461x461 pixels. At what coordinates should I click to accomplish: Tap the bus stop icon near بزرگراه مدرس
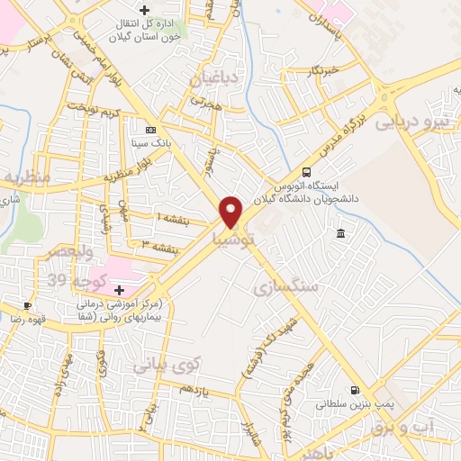(307, 172)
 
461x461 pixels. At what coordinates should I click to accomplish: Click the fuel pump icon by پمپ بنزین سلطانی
(357, 391)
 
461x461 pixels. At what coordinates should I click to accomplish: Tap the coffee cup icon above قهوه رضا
(28, 306)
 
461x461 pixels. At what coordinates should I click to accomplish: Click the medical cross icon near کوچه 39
(119, 290)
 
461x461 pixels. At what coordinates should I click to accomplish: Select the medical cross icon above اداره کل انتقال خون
(143, 10)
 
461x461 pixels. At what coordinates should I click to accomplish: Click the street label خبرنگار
(322, 69)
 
